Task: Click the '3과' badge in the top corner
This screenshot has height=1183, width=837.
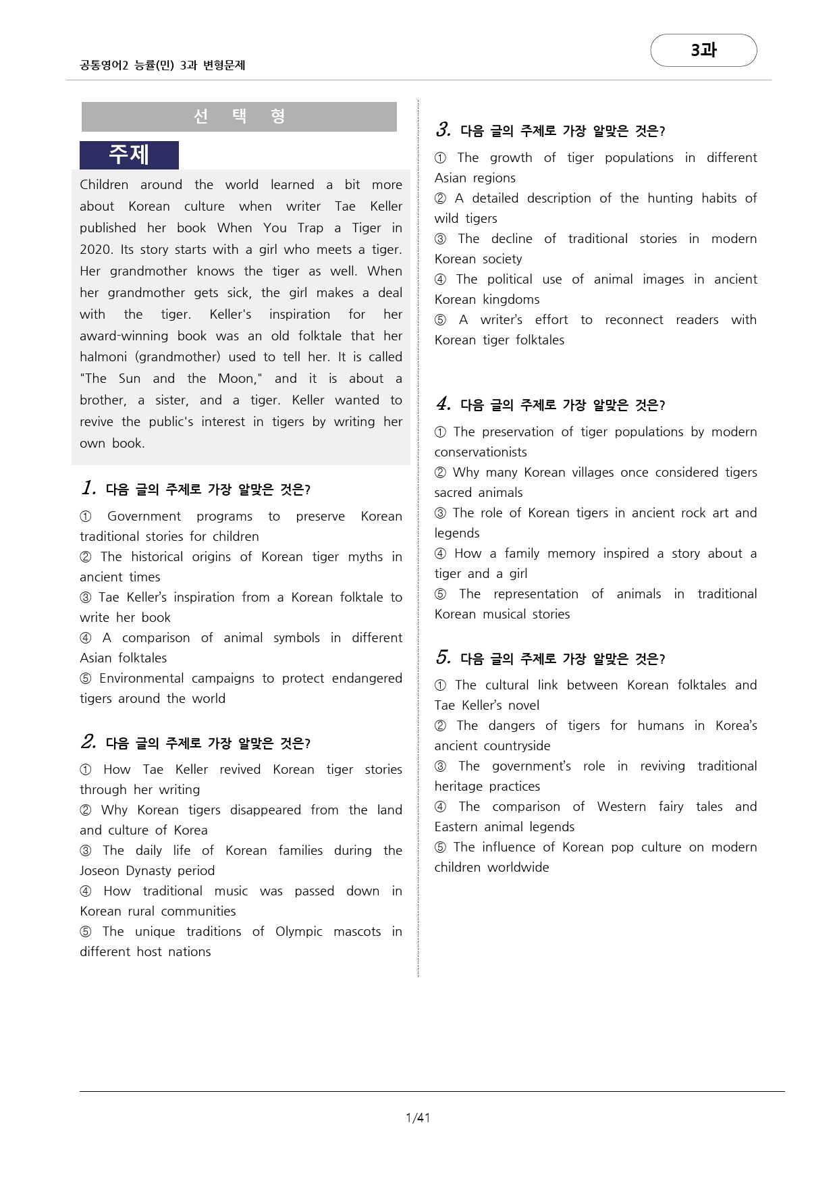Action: click(703, 51)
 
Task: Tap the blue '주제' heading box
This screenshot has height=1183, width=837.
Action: click(129, 155)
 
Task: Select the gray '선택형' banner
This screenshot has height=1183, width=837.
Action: click(239, 117)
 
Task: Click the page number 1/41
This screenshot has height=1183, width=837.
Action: click(418, 1118)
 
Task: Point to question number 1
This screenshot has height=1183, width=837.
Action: click(88, 488)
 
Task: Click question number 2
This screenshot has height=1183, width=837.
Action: click(88, 742)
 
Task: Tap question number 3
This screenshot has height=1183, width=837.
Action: click(443, 130)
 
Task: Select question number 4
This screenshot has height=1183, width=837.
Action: click(443, 404)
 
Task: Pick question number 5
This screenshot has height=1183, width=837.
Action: click(443, 658)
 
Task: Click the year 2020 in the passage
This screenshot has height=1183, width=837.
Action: click(96, 249)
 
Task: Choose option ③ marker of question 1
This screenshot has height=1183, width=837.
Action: click(86, 598)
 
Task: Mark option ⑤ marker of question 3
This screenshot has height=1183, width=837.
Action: click(441, 320)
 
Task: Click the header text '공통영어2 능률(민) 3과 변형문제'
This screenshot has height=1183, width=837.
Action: click(162, 65)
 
